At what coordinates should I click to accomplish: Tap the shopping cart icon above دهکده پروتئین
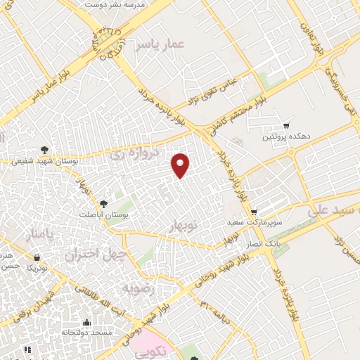(x=286, y=125)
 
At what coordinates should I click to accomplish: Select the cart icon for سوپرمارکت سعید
(x=254, y=212)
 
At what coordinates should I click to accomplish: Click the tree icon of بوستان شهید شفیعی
(x=44, y=149)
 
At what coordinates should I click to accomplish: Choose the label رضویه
(x=136, y=288)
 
